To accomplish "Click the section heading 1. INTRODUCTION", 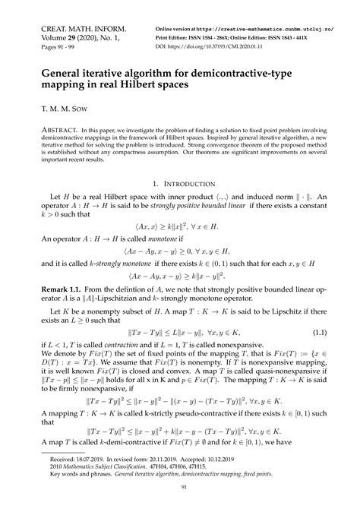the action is (179, 184).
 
